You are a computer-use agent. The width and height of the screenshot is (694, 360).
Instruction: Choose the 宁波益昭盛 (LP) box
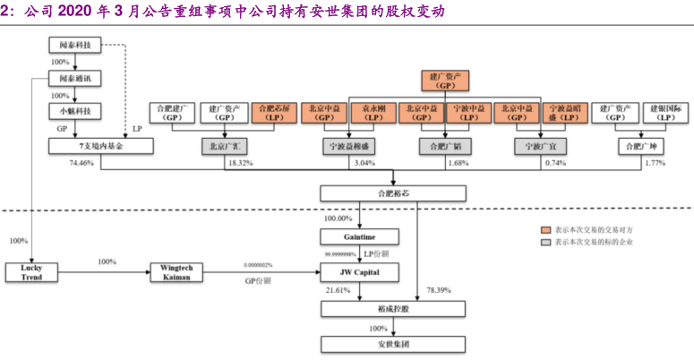pyautogui.click(x=563, y=112)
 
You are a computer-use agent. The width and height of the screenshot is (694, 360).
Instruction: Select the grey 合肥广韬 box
pyautogui.click(x=444, y=145)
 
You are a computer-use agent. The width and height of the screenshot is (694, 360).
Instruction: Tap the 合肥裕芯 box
pyautogui.click(x=393, y=193)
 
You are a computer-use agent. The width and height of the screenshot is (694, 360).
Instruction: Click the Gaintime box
pyautogui.click(x=359, y=236)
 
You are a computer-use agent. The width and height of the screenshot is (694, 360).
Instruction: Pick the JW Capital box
pyautogui.click(x=359, y=270)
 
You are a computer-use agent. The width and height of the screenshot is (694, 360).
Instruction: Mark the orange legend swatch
pyautogui.click(x=544, y=228)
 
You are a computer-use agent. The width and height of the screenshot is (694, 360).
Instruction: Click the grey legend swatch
pyautogui.click(x=544, y=242)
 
